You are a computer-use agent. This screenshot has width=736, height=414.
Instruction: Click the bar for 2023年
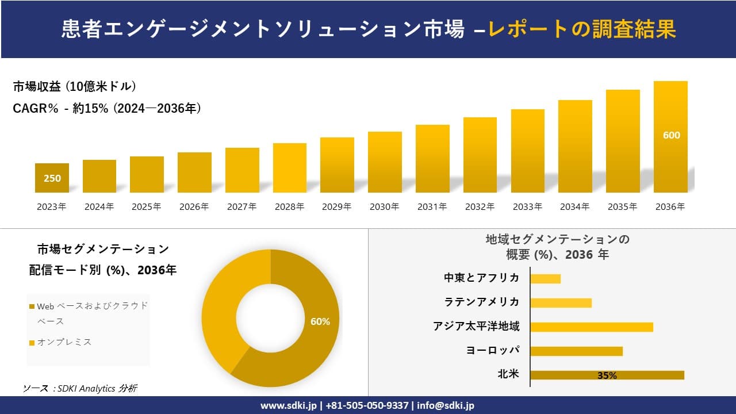point(52,178)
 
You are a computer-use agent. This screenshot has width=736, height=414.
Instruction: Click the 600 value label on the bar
point(671,135)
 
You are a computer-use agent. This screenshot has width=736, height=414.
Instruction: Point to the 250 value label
point(52,178)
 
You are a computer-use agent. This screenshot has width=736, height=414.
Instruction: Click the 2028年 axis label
point(289,207)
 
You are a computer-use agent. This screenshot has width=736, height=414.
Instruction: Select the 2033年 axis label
point(527,207)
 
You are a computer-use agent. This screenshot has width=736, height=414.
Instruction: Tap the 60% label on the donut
point(320,321)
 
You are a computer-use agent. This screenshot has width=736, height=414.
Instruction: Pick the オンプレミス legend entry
point(64,342)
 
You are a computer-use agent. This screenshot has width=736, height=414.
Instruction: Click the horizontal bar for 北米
point(607,375)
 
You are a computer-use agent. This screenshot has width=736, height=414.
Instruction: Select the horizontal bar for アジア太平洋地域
point(591,327)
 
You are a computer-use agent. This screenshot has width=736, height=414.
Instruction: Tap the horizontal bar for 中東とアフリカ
point(545,278)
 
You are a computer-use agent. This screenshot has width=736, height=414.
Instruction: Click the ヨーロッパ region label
point(493,350)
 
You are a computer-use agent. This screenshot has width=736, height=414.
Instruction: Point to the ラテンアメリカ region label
point(481,302)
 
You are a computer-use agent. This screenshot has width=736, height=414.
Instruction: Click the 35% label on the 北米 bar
point(607,375)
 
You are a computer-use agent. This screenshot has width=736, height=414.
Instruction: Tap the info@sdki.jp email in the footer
point(446,405)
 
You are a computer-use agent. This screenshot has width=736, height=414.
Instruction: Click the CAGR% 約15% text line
point(107,108)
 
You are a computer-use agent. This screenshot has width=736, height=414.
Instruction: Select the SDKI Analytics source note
point(80,389)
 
